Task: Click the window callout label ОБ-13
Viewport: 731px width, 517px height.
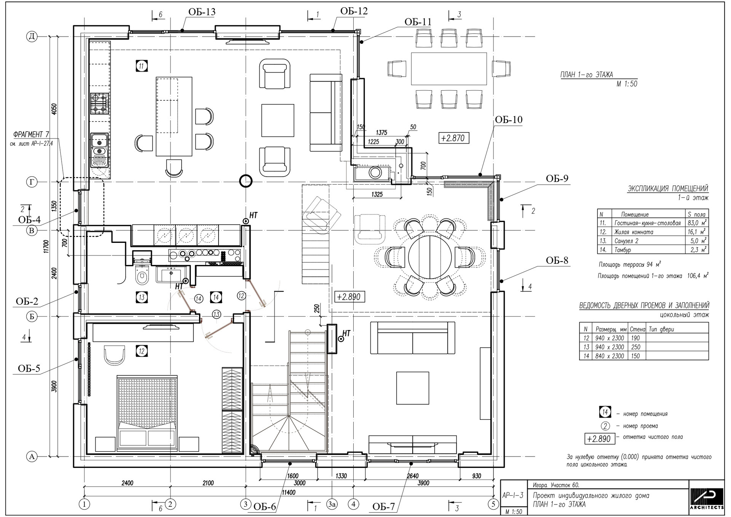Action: pyautogui.click(x=202, y=12)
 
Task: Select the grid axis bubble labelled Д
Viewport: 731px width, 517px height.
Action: pyautogui.click(x=32, y=37)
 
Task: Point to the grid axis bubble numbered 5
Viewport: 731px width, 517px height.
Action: pyautogui.click(x=493, y=504)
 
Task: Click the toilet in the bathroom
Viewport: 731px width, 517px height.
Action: pyautogui.click(x=142, y=275)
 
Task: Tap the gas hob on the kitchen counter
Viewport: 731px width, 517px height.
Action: pyautogui.click(x=100, y=104)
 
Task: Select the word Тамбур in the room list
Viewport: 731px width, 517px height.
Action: pyautogui.click(x=622, y=250)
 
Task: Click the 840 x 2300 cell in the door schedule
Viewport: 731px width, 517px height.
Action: pyautogui.click(x=610, y=356)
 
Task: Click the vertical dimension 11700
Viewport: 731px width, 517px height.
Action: pyautogui.click(x=46, y=247)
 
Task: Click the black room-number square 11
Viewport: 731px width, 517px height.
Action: pyautogui.click(x=141, y=66)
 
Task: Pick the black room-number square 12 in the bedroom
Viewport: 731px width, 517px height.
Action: pyautogui.click(x=142, y=351)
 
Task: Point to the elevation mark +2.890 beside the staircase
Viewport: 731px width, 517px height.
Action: pyautogui.click(x=349, y=297)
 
